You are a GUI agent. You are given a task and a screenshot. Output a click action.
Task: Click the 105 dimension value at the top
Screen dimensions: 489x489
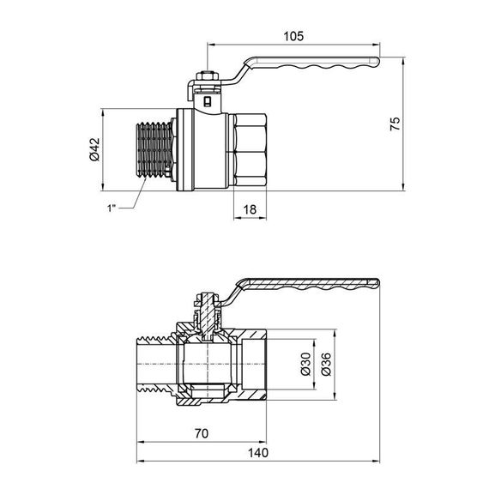pos(293,35)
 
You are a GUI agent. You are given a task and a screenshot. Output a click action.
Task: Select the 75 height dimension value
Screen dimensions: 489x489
pos(395,124)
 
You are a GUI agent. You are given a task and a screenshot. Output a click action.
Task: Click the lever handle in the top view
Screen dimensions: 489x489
pos(309,65)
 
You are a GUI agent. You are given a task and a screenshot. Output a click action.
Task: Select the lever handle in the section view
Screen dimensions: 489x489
pos(309,282)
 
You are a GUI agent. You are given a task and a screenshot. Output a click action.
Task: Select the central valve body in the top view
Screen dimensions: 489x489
pos(205,151)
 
